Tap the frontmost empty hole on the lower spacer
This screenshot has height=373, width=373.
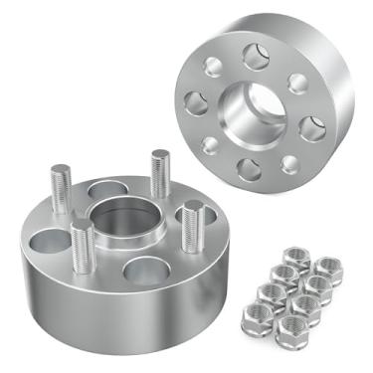147,270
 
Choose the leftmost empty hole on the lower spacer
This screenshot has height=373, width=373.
47,239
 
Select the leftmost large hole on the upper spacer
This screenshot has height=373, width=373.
195,100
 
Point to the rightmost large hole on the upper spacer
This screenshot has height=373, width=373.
313,125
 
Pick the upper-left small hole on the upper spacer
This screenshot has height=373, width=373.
212,67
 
